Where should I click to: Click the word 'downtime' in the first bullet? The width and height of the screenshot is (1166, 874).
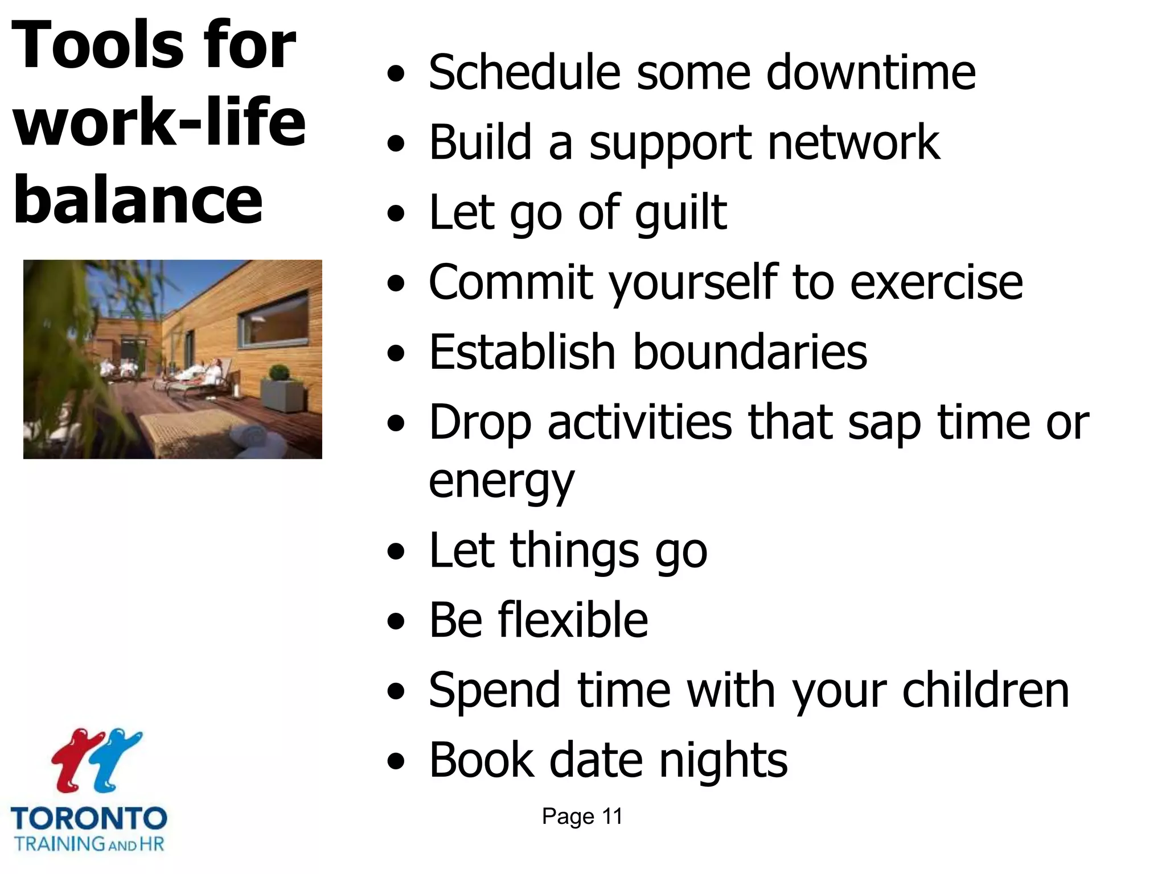click(x=871, y=73)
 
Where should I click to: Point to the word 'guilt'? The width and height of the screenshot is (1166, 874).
click(x=681, y=213)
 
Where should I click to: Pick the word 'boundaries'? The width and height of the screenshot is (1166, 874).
click(x=750, y=352)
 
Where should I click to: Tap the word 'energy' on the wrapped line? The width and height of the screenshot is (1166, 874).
click(x=501, y=481)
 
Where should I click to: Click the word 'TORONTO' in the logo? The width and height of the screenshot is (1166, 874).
click(x=89, y=819)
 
